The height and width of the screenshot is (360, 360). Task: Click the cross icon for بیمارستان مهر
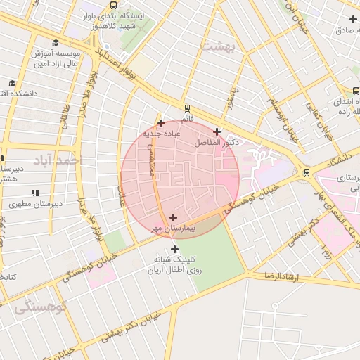point(173,217)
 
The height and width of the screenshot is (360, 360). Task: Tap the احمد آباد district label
point(61,160)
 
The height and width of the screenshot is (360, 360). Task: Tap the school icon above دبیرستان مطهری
point(33,193)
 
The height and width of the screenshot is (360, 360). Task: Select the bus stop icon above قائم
point(187,108)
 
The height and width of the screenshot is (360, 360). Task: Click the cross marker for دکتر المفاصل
point(217,131)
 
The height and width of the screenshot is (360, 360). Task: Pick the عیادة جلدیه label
point(162,133)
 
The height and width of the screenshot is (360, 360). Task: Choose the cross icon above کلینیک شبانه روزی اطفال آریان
point(174,250)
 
